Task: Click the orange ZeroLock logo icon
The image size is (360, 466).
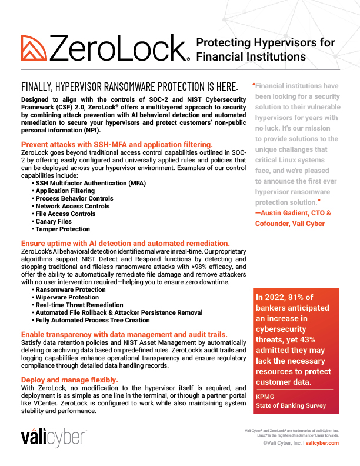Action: (x=34, y=48)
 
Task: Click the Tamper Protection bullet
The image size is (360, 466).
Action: (x=63, y=229)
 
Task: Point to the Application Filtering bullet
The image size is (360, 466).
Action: (x=65, y=191)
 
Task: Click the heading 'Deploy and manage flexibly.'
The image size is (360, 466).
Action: (x=69, y=380)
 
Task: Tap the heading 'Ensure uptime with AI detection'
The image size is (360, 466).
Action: (x=125, y=243)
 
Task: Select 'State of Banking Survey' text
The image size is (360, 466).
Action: (x=289, y=407)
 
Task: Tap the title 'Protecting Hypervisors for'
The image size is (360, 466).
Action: (x=265, y=43)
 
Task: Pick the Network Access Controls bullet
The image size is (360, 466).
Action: (x=72, y=207)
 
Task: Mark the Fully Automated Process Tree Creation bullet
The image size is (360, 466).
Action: (x=92, y=321)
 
